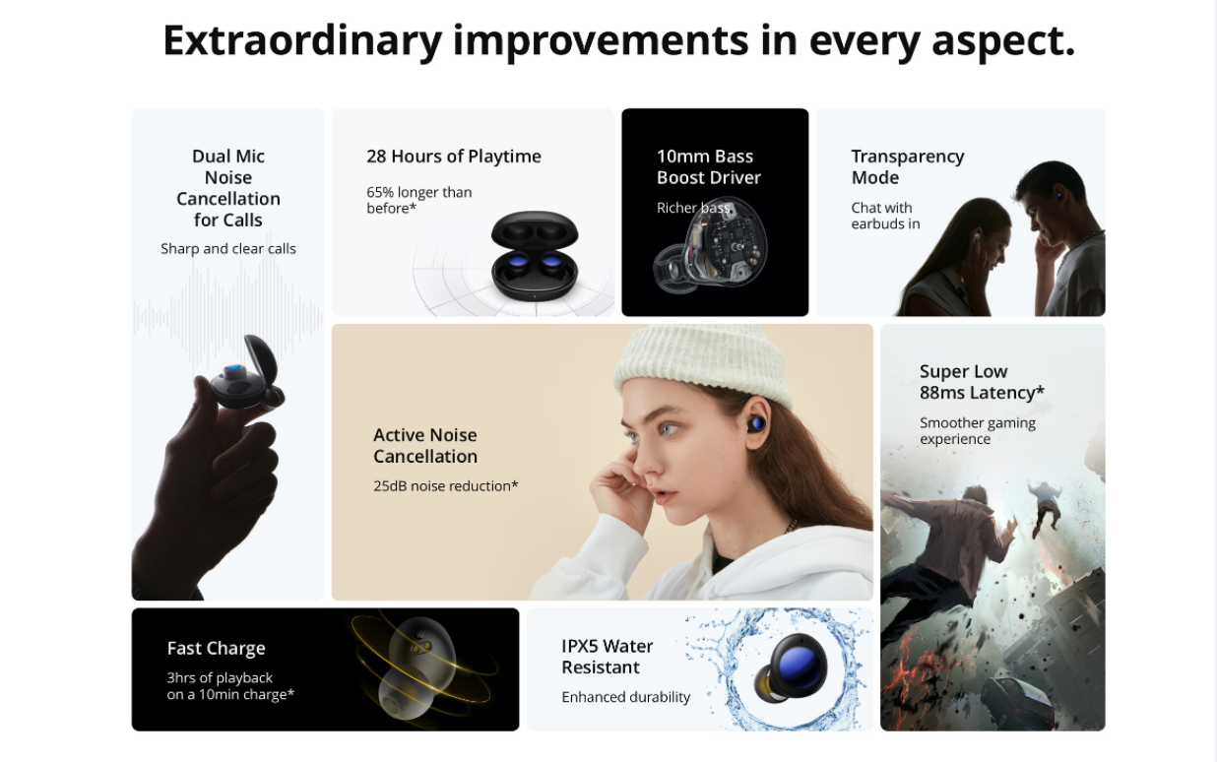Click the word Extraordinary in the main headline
point(302,41)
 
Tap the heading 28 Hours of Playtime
point(454,157)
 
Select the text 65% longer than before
point(419,200)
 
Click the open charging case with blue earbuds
point(535,256)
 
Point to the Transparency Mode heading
point(907,166)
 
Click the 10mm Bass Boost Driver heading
point(709,166)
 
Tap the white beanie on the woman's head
point(705,365)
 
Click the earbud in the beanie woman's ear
point(756,423)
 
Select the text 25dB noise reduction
point(445,485)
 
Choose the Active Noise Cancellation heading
point(425,445)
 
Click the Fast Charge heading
point(217,648)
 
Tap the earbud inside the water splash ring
point(791,669)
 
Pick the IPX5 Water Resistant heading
point(607,657)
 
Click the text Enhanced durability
point(626,697)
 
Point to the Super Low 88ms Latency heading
point(982,382)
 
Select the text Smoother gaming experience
point(978,430)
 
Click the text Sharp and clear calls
point(228,249)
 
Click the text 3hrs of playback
point(220,677)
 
